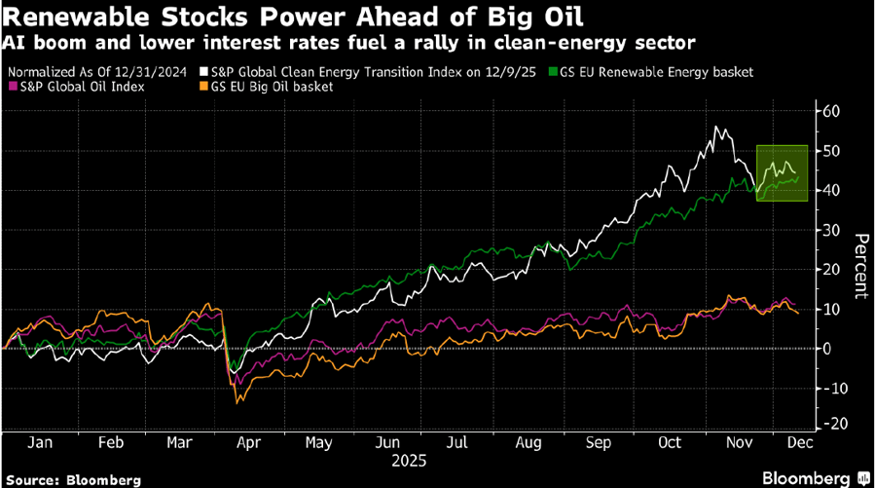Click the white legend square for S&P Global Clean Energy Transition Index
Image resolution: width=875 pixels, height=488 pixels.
coord(203,70)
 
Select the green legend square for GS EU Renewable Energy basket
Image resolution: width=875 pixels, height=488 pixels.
coord(554,70)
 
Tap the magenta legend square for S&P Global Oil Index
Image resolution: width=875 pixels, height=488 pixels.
coord(13,86)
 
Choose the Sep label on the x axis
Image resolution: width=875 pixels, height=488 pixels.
coord(597,443)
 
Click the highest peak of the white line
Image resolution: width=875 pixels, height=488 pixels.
coord(716,127)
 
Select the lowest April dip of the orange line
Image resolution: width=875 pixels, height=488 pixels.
coord(237,400)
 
